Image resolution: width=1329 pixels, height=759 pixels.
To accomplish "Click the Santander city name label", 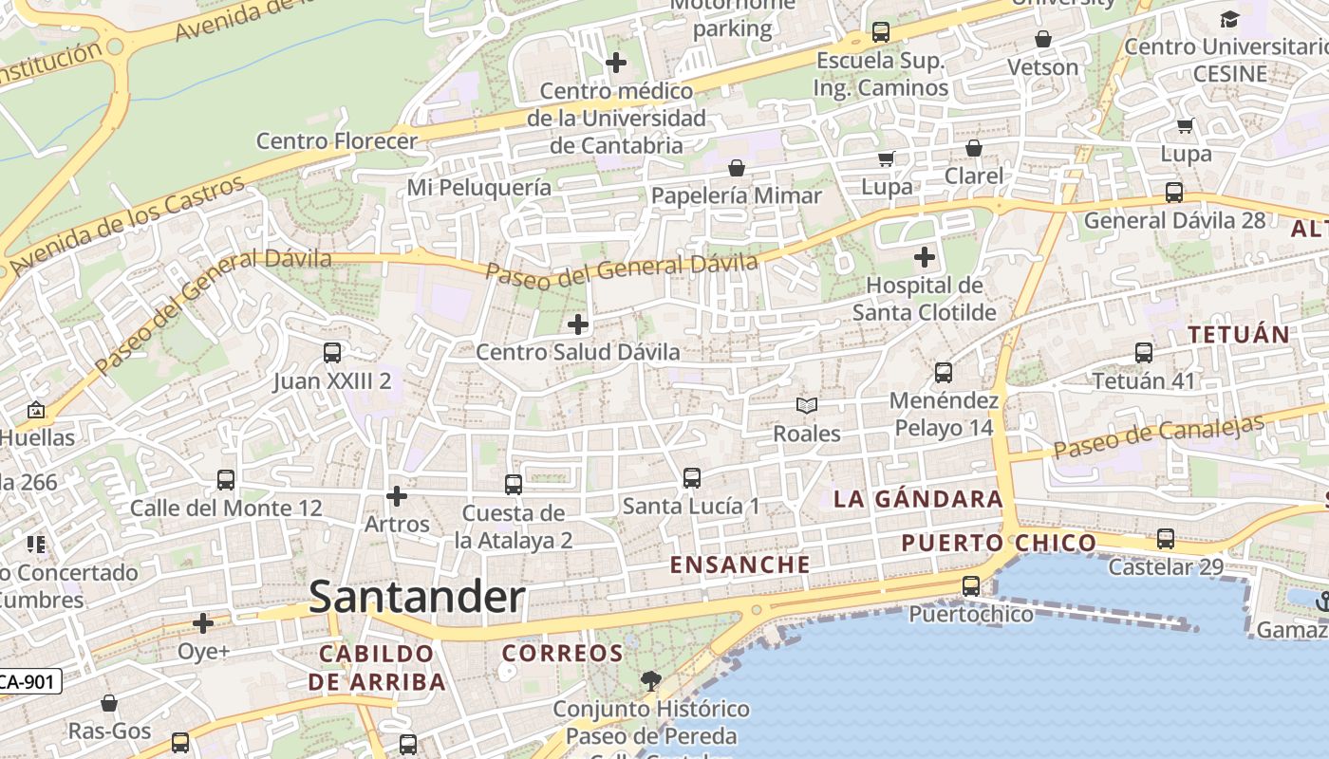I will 417,598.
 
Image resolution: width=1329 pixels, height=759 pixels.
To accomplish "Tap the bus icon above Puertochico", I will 970,586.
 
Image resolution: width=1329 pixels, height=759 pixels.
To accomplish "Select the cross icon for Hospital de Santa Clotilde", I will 924,257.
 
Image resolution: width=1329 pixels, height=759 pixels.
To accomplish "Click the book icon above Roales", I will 807,406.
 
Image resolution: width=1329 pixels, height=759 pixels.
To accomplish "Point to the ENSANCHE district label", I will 740,565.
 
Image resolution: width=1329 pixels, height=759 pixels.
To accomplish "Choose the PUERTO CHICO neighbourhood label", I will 999,543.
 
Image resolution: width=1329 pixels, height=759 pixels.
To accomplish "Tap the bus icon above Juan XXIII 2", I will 332,353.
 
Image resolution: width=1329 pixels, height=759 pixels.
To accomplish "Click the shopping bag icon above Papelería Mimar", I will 737,169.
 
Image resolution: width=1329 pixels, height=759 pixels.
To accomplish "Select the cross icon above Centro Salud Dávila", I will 577,324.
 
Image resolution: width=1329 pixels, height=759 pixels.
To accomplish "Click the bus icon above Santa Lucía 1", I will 692,478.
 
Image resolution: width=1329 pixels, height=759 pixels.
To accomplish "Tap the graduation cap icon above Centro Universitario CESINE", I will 1229,19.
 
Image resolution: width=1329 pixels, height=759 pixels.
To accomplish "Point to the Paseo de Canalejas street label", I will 1159,435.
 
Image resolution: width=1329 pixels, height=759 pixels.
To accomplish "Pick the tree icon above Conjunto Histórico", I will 650,680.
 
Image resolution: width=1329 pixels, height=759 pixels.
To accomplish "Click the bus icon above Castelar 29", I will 1166,539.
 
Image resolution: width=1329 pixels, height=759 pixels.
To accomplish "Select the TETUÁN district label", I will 1239,334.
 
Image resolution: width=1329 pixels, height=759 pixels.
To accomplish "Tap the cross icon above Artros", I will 397,496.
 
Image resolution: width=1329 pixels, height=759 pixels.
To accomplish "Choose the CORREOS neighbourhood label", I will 562,653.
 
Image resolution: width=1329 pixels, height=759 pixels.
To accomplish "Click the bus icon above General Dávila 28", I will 1174,193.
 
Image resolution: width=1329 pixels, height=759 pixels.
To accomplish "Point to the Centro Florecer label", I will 337,141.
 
